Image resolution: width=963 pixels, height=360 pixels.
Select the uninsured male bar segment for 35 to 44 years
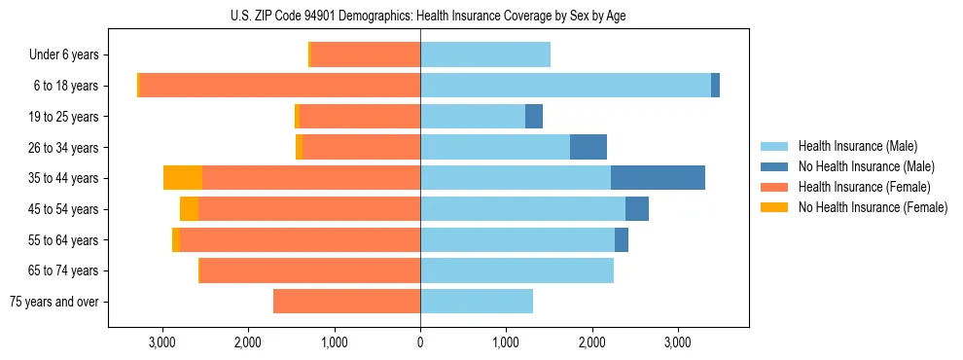(658, 178)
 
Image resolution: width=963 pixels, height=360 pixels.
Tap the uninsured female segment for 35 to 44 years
(183, 178)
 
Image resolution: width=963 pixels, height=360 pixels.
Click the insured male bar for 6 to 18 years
(565, 86)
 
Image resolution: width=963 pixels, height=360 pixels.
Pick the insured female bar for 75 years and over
(346, 302)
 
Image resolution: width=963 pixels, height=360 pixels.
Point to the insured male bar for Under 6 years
(485, 54)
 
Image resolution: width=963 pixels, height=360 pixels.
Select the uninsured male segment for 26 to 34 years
(588, 147)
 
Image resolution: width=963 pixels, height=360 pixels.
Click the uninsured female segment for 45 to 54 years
(189, 209)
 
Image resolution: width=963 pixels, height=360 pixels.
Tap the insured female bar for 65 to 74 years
(309, 270)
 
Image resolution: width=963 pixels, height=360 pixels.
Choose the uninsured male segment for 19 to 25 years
(534, 117)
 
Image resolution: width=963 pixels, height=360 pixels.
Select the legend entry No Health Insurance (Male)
(866, 166)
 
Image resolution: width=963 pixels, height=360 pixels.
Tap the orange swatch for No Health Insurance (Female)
(774, 207)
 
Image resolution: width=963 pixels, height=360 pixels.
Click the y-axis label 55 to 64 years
(63, 240)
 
